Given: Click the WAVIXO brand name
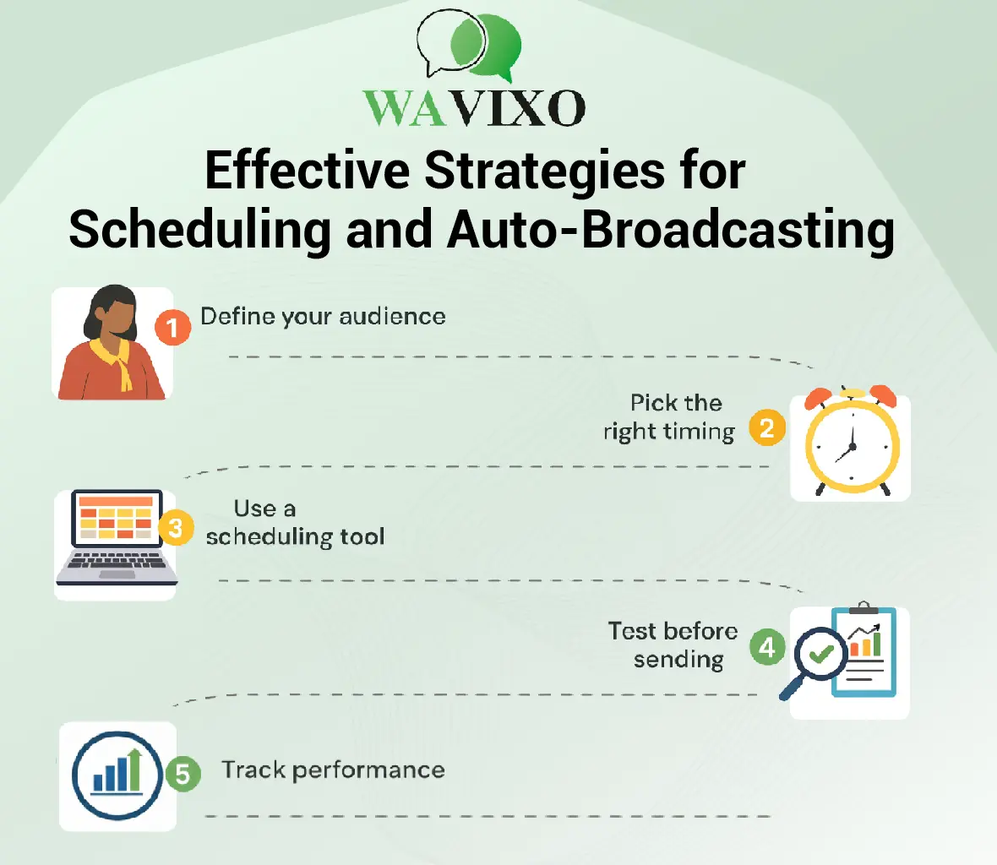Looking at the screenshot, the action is [474, 108].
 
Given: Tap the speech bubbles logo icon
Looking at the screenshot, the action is [469, 45].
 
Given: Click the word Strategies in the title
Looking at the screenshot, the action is [544, 171].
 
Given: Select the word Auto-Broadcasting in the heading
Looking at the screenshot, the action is [671, 229].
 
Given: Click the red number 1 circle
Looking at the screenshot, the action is [172, 328].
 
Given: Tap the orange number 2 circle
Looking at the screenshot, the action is [767, 427].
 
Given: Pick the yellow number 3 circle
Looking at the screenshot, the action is [176, 527].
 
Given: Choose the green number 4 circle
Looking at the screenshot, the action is [767, 647].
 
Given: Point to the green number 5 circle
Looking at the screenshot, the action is [183, 774].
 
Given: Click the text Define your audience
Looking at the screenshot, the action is [323, 317].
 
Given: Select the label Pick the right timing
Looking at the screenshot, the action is [669, 417].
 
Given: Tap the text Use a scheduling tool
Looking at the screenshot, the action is [295, 522].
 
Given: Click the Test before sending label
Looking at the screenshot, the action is [673, 645].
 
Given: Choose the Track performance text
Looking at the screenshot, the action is [333, 770].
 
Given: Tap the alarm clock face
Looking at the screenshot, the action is [852, 445].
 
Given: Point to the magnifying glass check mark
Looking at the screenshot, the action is [821, 653].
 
